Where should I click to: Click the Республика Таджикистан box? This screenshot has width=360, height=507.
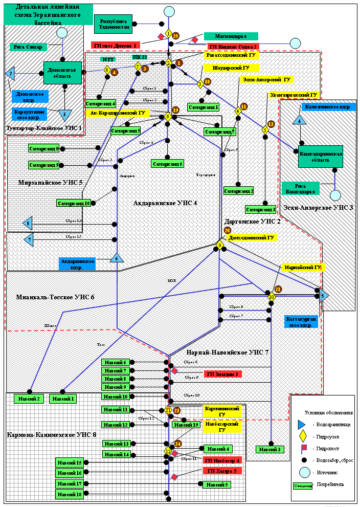tap(113, 24)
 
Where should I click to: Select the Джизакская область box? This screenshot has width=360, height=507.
tap(62, 73)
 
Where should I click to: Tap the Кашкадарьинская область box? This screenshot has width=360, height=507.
tap(320, 156)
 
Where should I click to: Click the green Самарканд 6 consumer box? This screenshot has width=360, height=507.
tap(167, 164)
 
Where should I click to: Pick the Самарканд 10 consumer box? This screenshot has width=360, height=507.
tap(74, 203)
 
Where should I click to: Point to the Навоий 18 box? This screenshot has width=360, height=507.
tap(69, 494)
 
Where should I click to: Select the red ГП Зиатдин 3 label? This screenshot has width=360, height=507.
tap(222, 374)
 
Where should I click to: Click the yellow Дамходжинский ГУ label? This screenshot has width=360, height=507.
tap(252, 238)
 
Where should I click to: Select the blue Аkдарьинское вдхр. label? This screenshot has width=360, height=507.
tap(77, 263)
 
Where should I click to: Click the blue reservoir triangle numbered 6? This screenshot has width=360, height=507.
tap(117, 259)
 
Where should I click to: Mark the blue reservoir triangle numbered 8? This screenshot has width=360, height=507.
tap(28, 224)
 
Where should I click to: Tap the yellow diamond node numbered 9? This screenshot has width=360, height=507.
tap(220, 246)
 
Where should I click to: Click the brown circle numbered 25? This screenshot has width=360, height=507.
tap(176, 36)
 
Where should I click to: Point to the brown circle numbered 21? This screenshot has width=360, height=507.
tap(278, 290)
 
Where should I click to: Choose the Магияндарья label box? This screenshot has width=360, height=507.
tap(231, 36)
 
